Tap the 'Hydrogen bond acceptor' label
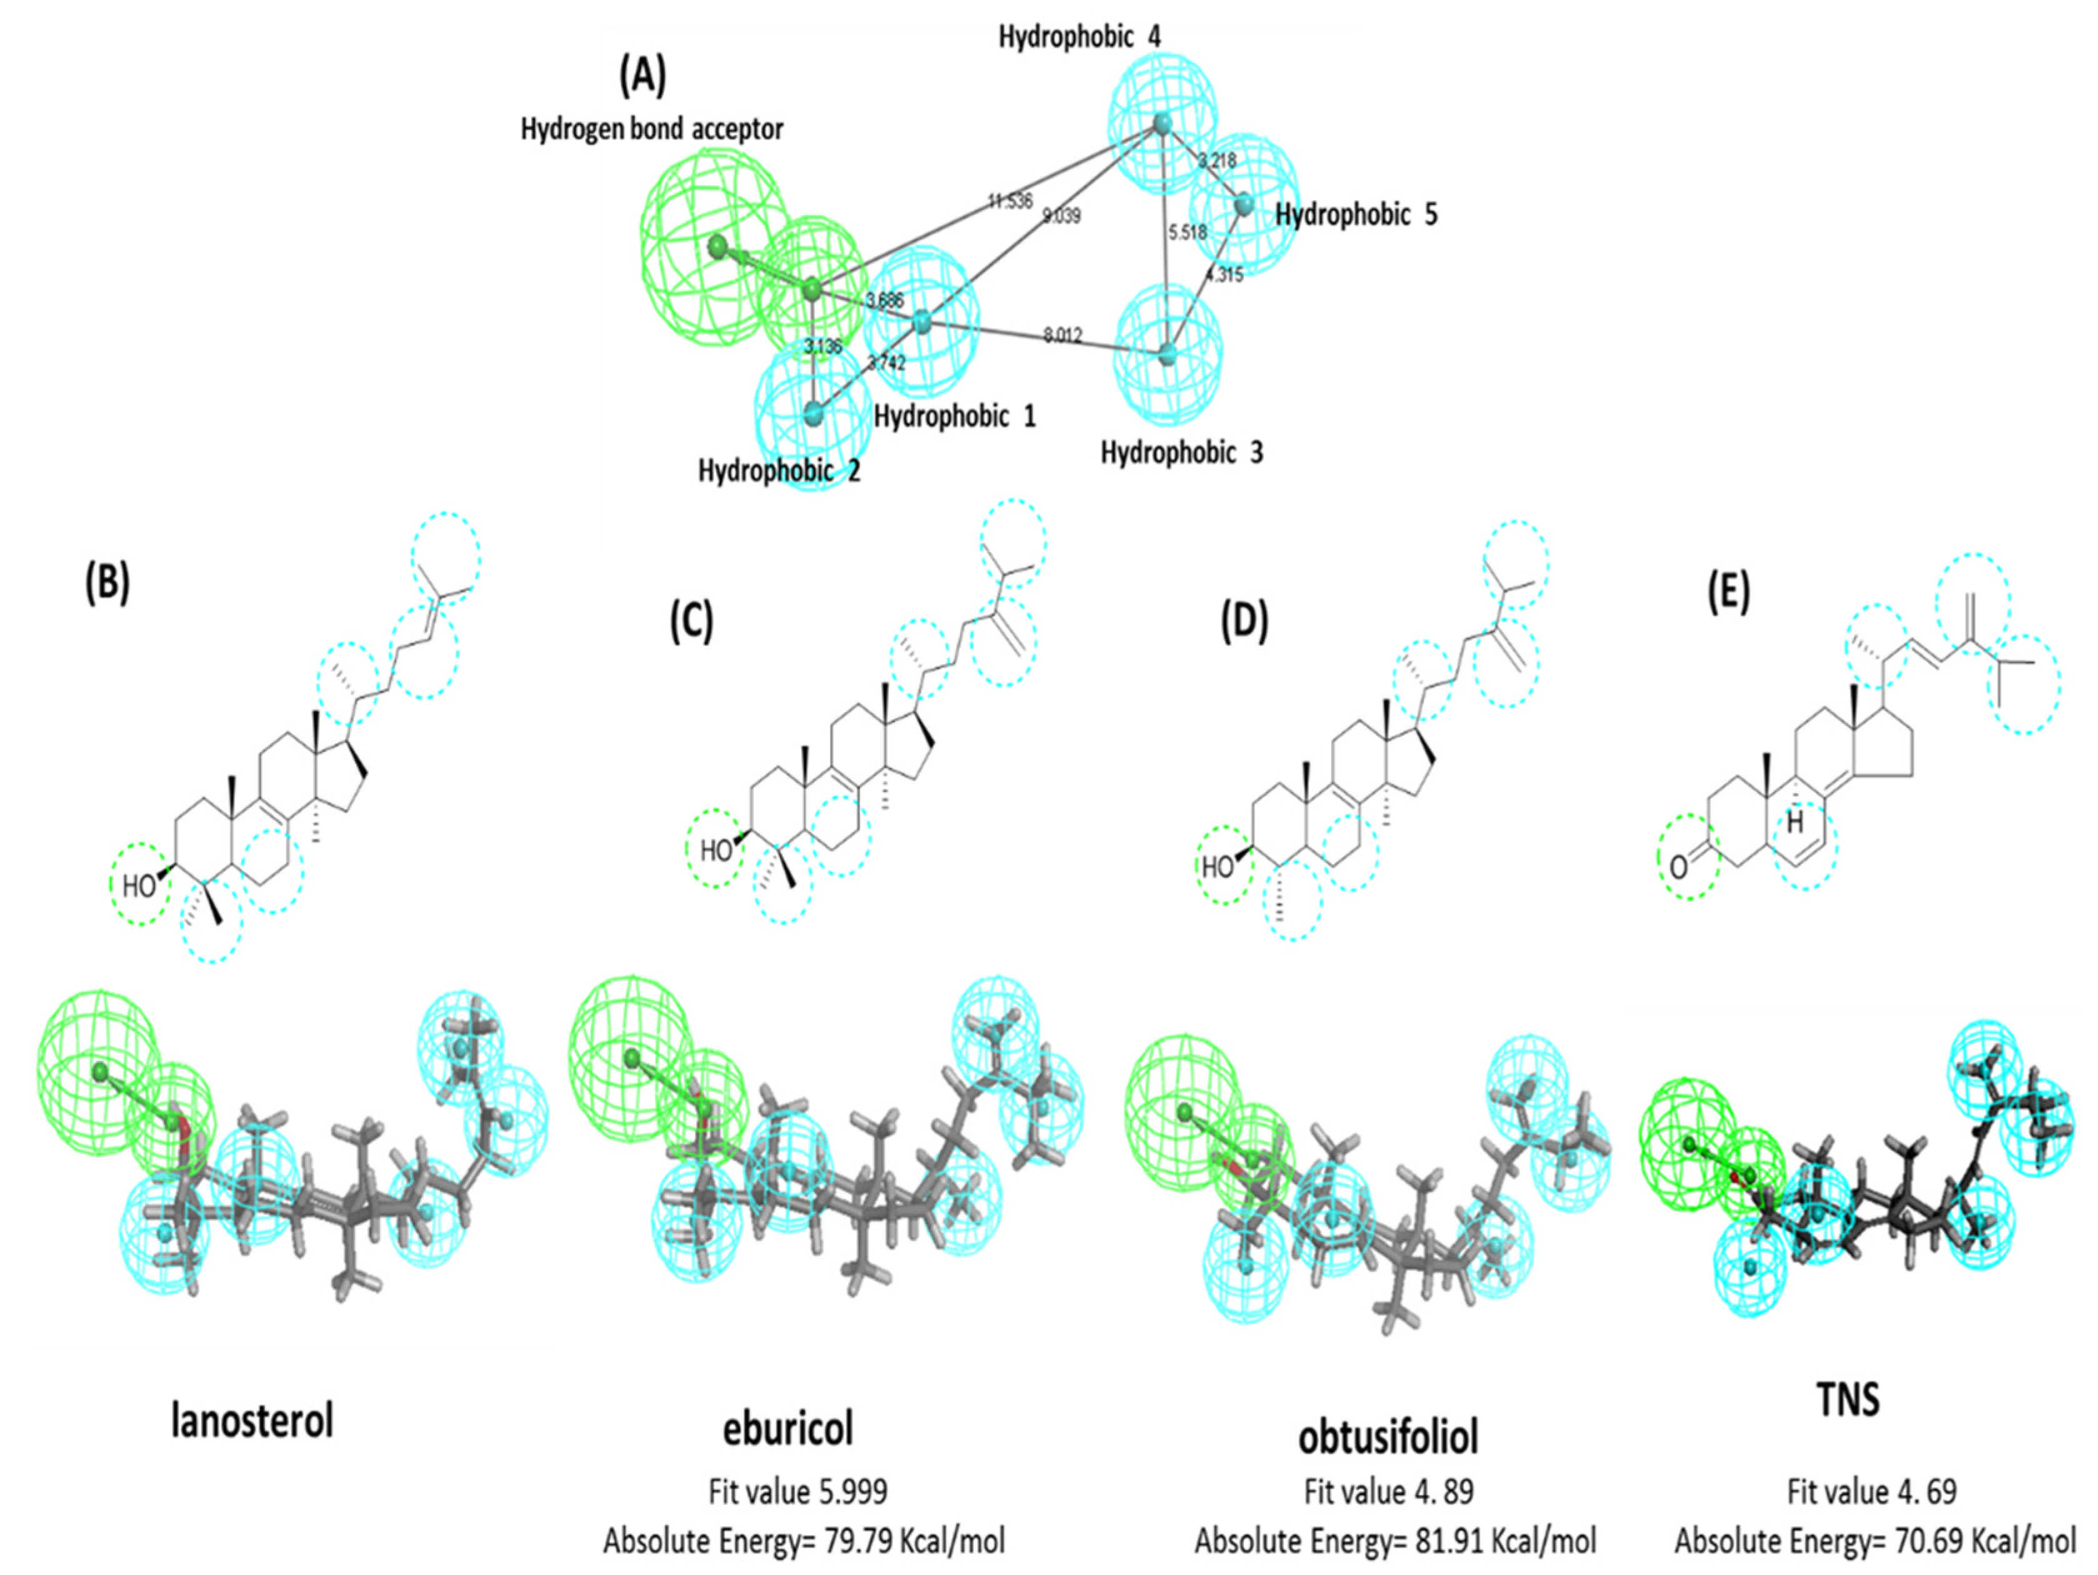652,129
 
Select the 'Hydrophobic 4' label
1079,37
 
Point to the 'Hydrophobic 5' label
1356,216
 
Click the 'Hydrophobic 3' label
1182,452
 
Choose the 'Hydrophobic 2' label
779,471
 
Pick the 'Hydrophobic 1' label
955,416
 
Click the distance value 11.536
1009,201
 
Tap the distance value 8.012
1063,335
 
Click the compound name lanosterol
252,1421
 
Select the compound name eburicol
788,1428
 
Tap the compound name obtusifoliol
1389,1437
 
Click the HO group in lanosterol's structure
139,885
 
